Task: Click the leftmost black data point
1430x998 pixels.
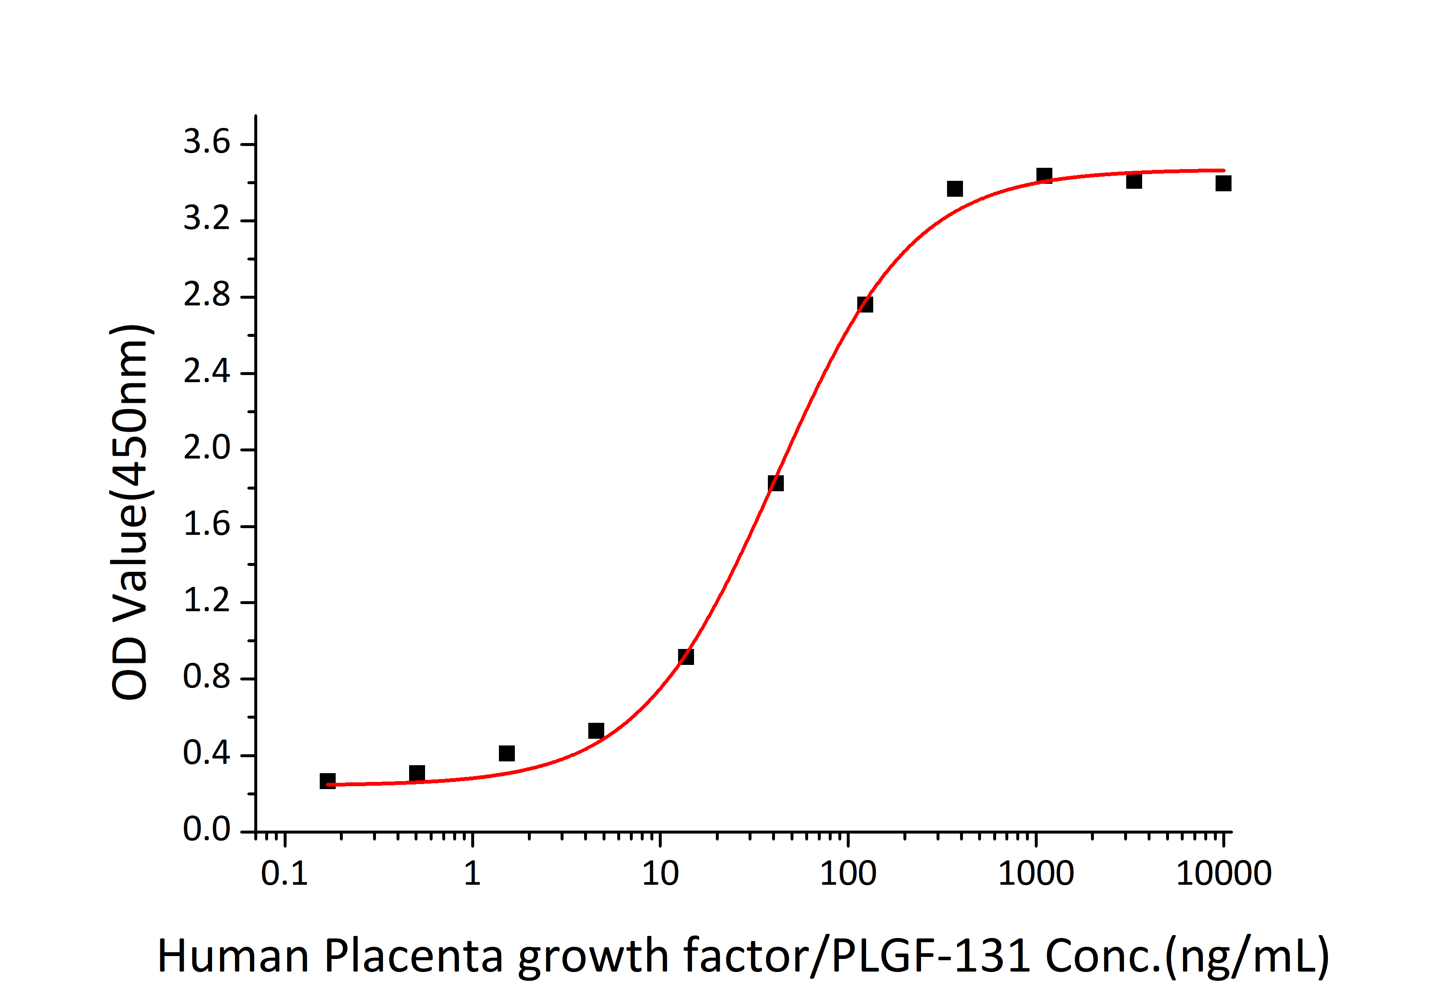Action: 328,781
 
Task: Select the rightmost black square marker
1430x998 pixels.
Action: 1223,183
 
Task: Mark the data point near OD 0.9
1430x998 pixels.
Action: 686,656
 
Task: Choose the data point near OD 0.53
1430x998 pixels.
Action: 596,731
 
